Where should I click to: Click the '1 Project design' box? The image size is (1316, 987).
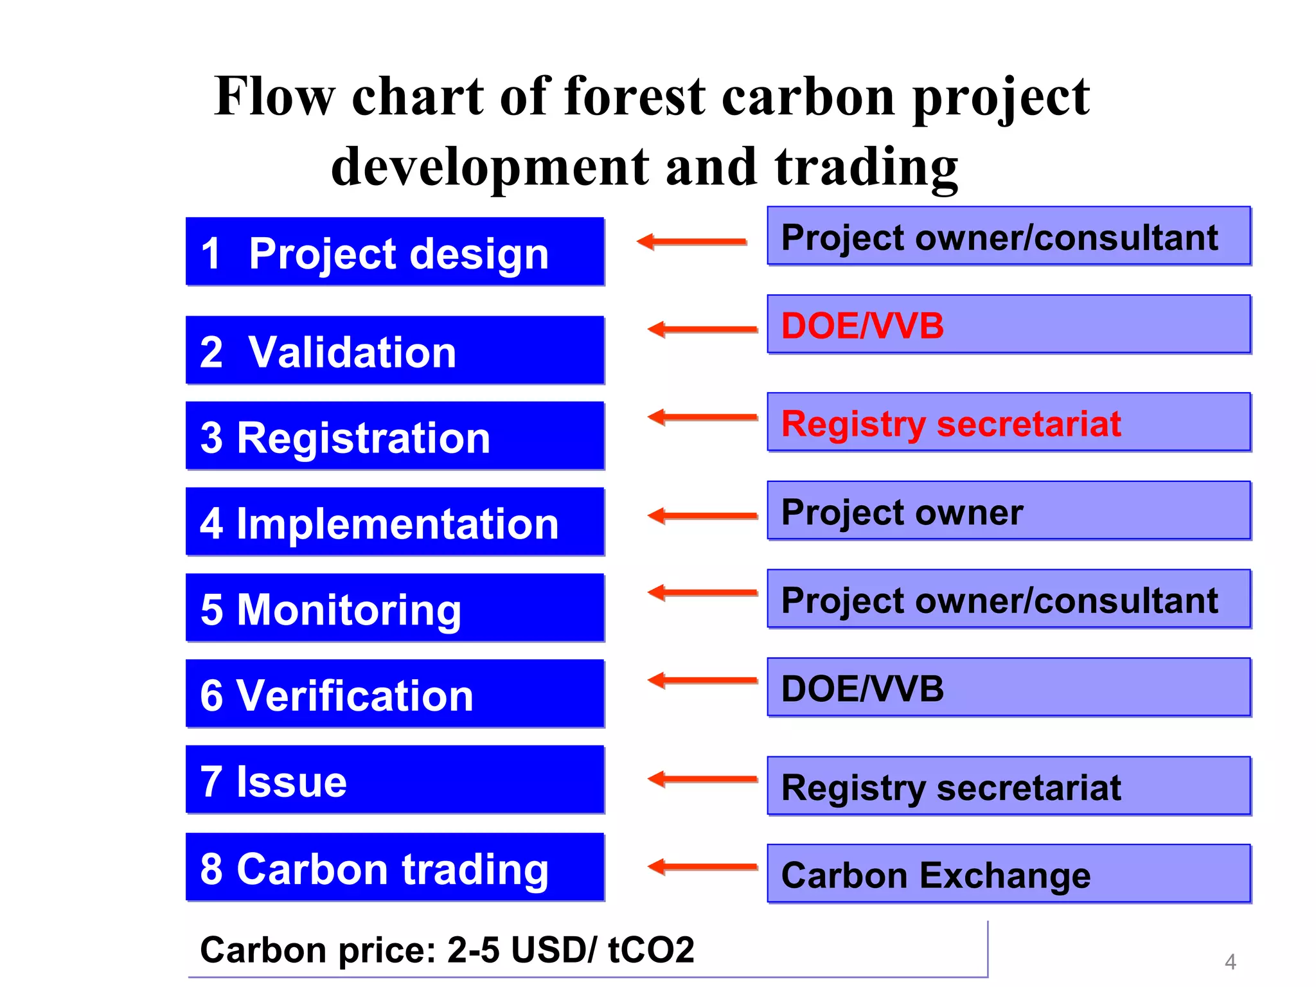coord(395,251)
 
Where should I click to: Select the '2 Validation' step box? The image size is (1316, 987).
coord(395,350)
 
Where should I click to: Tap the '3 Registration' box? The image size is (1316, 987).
coord(395,436)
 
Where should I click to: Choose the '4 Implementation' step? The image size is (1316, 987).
coord(395,522)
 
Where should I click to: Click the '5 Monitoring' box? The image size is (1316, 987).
coord(395,608)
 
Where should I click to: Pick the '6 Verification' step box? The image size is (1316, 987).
coord(395,694)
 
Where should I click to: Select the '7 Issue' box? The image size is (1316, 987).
coord(395,779)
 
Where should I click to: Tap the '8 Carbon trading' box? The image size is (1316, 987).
coord(395,867)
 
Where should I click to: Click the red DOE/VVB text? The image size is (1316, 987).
coord(862,326)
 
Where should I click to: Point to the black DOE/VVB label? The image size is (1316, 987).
coord(862,689)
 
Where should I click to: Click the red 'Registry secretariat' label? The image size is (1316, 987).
coord(951,424)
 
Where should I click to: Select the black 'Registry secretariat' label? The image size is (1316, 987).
coord(951,787)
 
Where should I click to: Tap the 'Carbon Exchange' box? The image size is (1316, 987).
coord(1009,875)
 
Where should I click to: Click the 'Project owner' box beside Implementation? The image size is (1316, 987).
coord(1009,511)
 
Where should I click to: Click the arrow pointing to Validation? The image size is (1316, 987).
coord(702,330)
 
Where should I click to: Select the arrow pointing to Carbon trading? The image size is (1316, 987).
coord(702,867)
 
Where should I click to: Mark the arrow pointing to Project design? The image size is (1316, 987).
coord(691,242)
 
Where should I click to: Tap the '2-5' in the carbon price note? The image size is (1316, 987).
coord(473,950)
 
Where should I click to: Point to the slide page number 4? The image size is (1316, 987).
coord(1230,962)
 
